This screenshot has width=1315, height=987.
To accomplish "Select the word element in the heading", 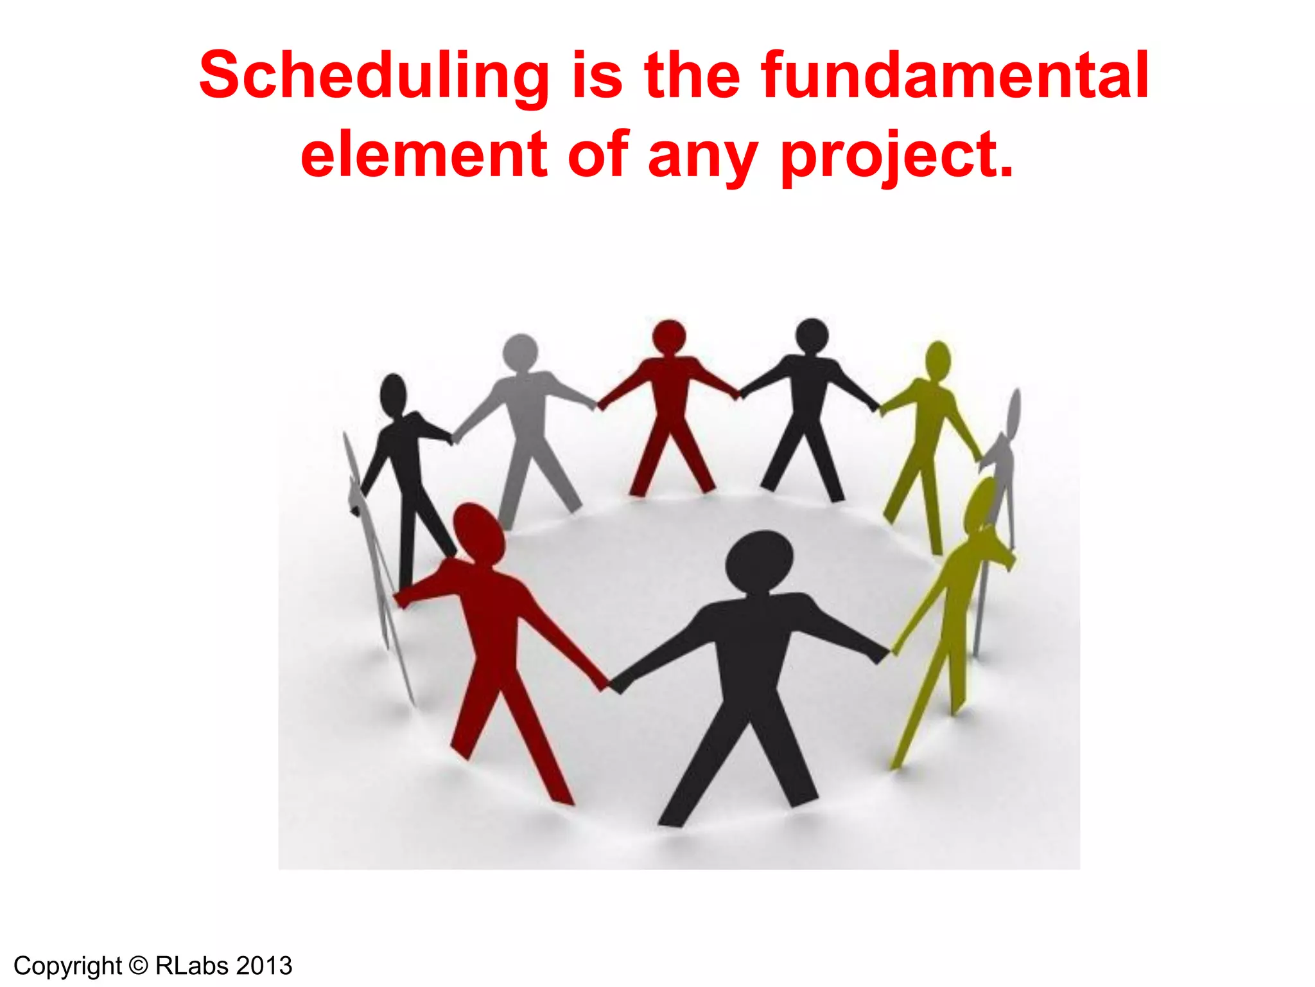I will (x=424, y=154).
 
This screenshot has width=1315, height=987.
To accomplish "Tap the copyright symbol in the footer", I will (x=138, y=966).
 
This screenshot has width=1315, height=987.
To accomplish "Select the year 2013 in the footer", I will (x=265, y=966).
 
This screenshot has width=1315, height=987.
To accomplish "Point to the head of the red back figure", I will (x=669, y=336).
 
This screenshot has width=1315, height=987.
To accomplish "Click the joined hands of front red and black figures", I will (x=611, y=683).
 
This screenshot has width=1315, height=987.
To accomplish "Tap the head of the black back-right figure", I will (x=812, y=335).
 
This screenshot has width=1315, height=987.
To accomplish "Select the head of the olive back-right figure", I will (x=938, y=360).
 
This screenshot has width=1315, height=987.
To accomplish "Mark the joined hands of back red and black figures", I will (x=738, y=393).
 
